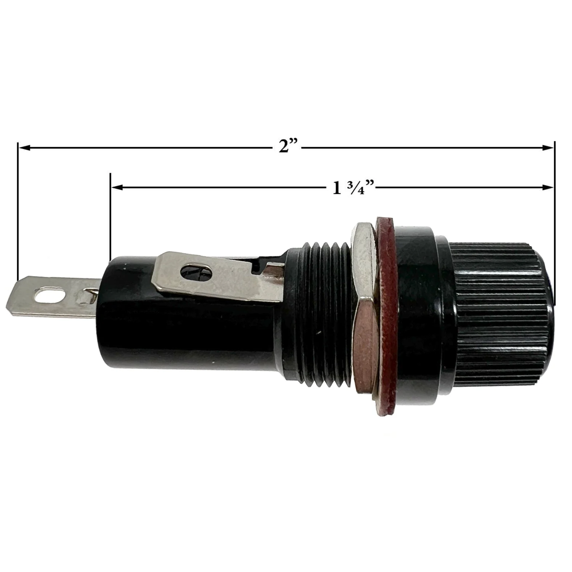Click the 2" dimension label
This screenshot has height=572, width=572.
[288, 146]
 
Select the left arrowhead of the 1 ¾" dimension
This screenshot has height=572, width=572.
[117, 187]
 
